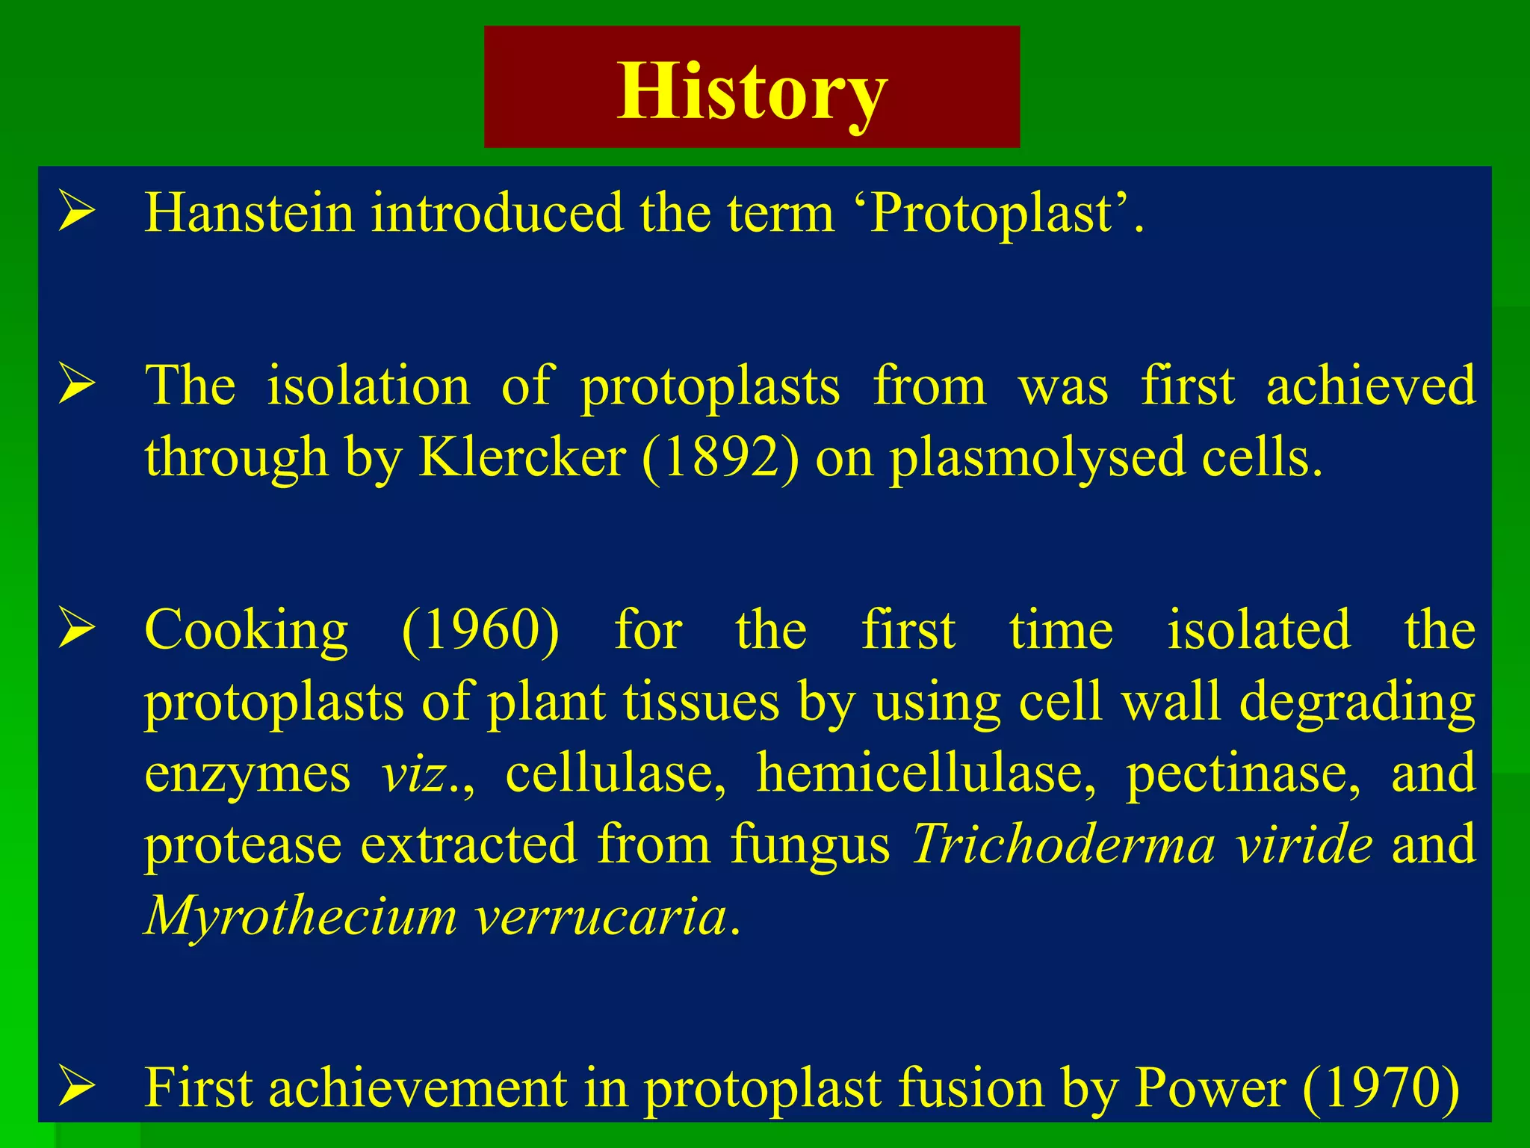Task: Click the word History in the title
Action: click(x=752, y=91)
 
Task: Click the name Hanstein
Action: click(x=249, y=214)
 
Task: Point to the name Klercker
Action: click(x=522, y=457)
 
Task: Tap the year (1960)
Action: click(x=480, y=631)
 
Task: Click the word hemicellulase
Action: click(x=926, y=774)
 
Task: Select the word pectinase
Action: click(x=1242, y=774)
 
